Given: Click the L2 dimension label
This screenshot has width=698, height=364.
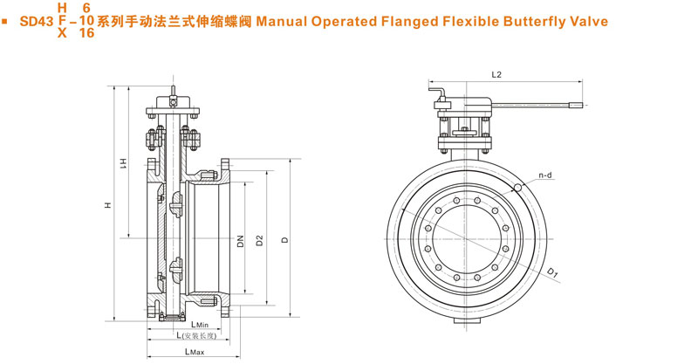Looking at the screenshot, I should (x=496, y=75).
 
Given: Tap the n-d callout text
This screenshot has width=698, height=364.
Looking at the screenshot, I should (x=545, y=175).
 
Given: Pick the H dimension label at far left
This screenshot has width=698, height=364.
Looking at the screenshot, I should (x=108, y=205).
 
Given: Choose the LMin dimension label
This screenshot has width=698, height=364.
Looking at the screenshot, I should (x=197, y=324).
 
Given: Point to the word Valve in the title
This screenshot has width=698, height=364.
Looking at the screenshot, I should (x=583, y=19).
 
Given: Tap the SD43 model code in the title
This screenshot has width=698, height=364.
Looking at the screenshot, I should (x=34, y=19).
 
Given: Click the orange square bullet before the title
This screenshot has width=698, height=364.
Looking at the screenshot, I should (x=7, y=19).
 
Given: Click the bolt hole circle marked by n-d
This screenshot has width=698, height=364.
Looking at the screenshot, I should (x=518, y=187).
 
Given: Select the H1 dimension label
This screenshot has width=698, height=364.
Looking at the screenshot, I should (x=124, y=162).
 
